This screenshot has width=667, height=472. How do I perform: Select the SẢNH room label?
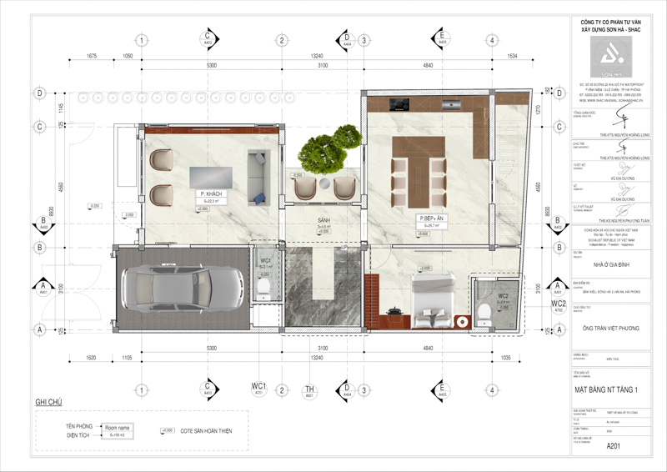click(x=324, y=223)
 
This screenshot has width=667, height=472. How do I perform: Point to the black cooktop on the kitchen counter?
click(x=398, y=105)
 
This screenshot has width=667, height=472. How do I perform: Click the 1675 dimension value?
click(x=92, y=56)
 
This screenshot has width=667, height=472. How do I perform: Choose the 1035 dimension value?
click(x=504, y=356)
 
